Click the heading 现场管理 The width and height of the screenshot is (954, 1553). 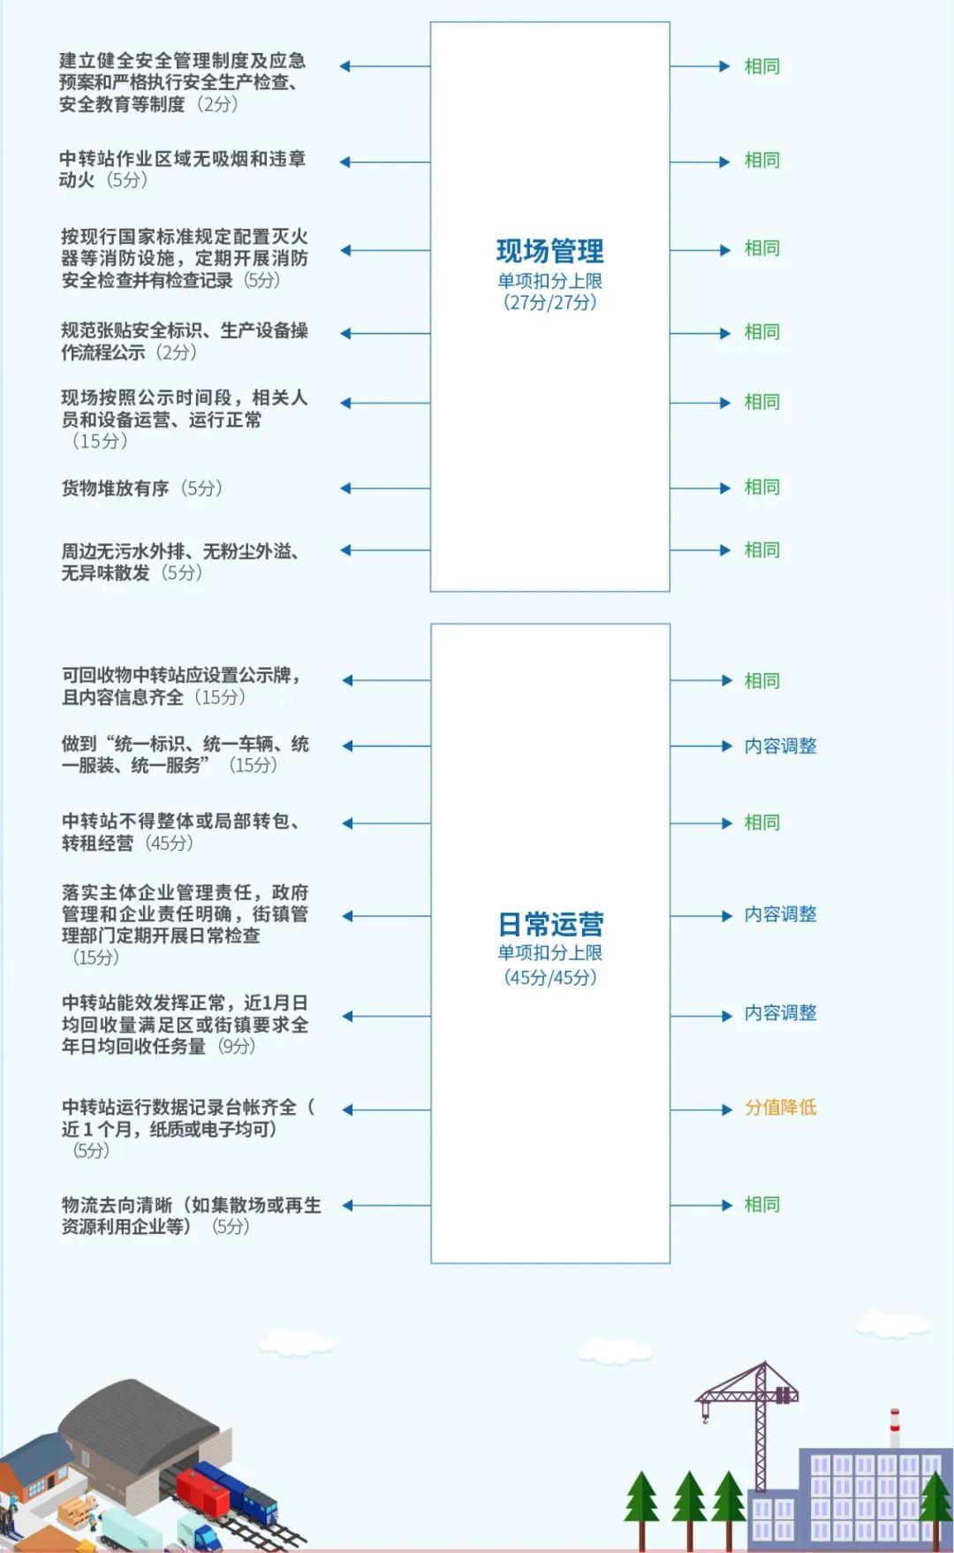pyautogui.click(x=549, y=252)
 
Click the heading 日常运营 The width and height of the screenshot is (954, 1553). pyautogui.click(x=550, y=925)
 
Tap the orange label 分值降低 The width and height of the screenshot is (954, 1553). pyautogui.click(x=781, y=1108)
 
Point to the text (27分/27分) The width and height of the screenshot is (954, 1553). pyautogui.click(x=550, y=302)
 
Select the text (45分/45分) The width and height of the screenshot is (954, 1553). pyautogui.click(x=550, y=977)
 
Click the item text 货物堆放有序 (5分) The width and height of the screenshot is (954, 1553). pyautogui.click(x=141, y=489)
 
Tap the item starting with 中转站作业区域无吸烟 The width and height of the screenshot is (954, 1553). pyautogui.click(x=183, y=169)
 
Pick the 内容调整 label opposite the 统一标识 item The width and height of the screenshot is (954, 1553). pyautogui.click(x=781, y=746)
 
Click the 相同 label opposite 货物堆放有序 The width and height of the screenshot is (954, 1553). pyautogui.click(x=762, y=488)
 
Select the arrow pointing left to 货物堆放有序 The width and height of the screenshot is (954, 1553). pyautogui.click(x=385, y=489)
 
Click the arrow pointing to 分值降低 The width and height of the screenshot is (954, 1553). pyautogui.click(x=701, y=1110)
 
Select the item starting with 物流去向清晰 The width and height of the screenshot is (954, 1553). pyautogui.click(x=192, y=1216)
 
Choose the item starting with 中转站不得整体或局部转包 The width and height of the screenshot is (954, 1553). pyautogui.click(x=181, y=832)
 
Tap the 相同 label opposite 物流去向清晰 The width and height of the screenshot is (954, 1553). pyautogui.click(x=762, y=1205)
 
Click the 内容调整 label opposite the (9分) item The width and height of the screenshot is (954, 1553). pyautogui.click(x=781, y=1013)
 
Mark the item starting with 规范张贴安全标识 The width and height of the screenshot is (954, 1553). pyautogui.click(x=185, y=341)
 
